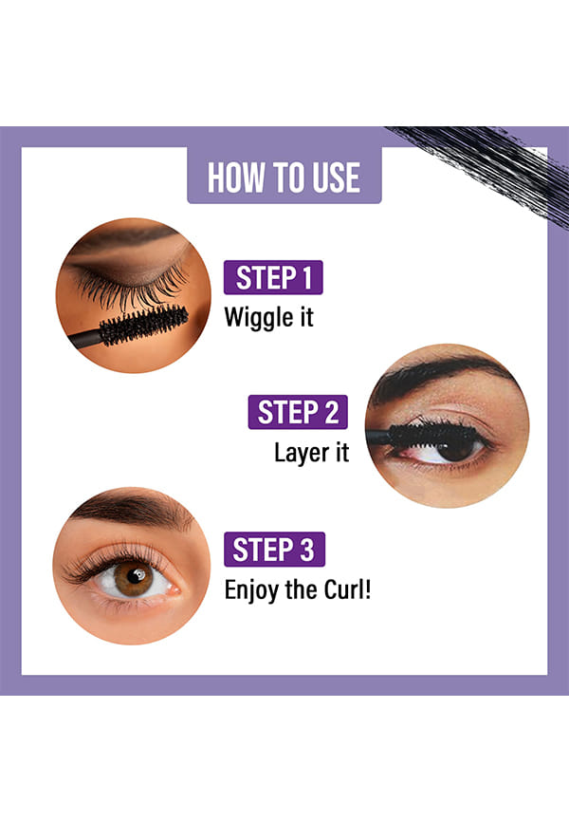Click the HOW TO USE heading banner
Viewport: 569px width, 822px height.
click(x=284, y=175)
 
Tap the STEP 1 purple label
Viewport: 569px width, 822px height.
click(x=273, y=277)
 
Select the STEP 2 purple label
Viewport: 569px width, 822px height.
click(x=298, y=412)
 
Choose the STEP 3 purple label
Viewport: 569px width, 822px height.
click(x=275, y=550)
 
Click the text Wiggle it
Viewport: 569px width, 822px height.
click(x=268, y=318)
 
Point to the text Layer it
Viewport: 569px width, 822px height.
click(x=311, y=453)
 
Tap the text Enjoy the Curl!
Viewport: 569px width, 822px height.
click(x=298, y=589)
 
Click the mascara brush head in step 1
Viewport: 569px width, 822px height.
click(x=143, y=325)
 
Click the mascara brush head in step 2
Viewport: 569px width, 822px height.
click(x=432, y=435)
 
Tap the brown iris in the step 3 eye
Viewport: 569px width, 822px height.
click(x=133, y=579)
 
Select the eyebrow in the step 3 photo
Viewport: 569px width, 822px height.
click(x=132, y=508)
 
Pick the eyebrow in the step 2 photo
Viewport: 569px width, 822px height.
click(x=439, y=374)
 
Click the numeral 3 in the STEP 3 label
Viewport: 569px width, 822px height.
click(x=306, y=550)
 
